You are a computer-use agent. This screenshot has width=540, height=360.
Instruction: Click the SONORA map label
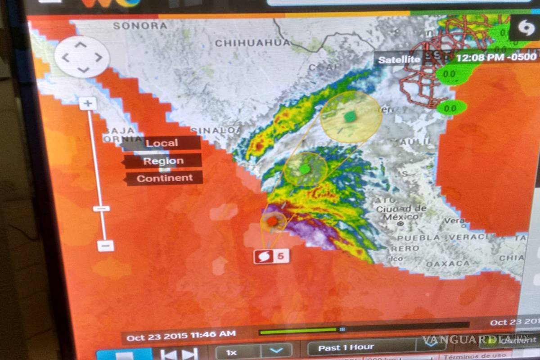(140, 26)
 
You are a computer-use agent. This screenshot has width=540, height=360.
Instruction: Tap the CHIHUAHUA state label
(252, 43)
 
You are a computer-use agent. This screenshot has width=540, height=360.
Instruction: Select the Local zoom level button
(162, 143)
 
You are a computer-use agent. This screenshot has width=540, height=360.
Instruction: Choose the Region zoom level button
(163, 161)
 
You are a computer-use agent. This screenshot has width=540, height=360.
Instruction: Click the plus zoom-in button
(88, 104)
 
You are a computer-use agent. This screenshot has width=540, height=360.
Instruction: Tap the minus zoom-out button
(105, 246)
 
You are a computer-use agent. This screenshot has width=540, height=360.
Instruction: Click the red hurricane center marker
(272, 221)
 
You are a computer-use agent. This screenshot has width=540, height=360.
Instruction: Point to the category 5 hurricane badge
(271, 256)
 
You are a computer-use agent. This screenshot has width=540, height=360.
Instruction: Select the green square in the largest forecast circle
(350, 117)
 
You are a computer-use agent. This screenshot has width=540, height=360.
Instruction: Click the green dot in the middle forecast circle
(305, 169)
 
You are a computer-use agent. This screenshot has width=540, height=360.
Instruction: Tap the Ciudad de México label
(401, 212)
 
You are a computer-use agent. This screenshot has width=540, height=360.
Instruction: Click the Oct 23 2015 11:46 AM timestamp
(181, 334)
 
